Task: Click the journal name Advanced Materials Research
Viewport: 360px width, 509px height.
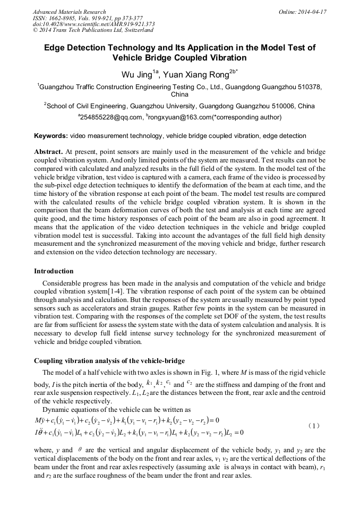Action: [69, 12]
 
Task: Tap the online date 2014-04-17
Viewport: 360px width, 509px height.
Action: [313, 12]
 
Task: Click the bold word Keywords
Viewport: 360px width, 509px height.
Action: [51, 136]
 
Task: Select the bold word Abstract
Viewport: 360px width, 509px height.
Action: [49, 151]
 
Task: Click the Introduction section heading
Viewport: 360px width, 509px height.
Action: [54, 271]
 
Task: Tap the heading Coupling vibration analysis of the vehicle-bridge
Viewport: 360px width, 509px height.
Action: [109, 361]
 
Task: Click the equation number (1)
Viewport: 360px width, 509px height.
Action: [314, 426]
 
